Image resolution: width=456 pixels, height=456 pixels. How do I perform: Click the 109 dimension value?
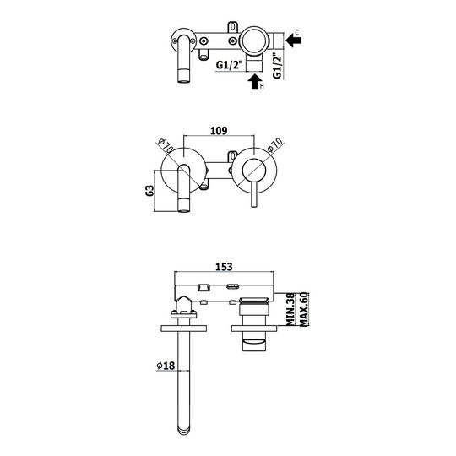219,131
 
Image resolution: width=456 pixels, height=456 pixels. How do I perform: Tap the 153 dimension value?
224,267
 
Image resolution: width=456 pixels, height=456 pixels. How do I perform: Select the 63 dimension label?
149,191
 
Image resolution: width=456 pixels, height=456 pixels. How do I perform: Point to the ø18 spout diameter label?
166,366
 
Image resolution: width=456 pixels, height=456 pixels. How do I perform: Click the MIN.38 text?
290,309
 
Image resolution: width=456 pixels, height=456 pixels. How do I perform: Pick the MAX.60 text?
304,309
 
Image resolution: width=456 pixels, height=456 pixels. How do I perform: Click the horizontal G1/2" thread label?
229,64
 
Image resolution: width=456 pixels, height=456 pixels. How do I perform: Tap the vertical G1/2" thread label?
278,66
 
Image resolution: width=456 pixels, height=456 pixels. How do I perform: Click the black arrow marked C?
293,41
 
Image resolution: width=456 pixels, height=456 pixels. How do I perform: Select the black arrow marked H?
255,81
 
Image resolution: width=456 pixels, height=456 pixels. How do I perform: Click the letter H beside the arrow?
262,86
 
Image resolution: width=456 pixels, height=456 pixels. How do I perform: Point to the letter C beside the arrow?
297,32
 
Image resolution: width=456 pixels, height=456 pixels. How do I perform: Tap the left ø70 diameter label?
166,146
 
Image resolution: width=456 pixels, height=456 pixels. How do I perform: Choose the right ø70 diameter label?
274,145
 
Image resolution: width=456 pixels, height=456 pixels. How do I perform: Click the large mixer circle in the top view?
254,41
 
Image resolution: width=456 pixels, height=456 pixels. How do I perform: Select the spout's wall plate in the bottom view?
184,328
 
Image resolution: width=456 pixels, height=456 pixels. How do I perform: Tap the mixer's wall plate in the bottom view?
254,328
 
